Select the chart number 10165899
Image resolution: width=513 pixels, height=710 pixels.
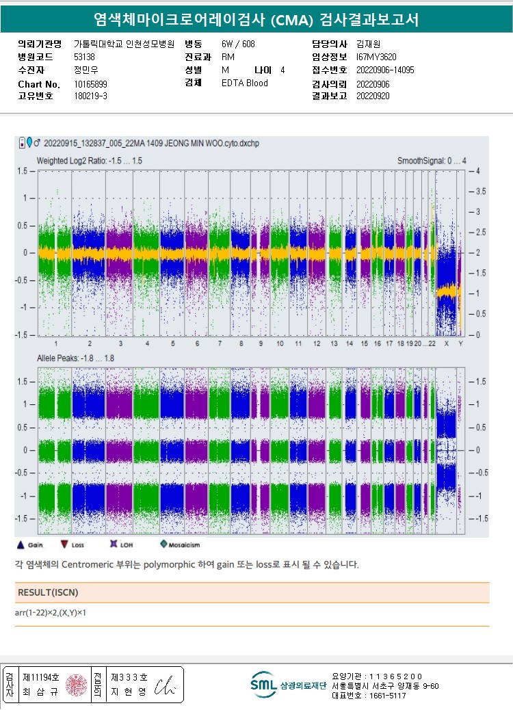(90, 84)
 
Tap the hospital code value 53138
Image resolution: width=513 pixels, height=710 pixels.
(84, 57)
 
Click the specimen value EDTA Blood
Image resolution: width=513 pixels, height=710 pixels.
(245, 83)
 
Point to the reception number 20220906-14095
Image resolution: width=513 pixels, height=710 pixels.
(385, 70)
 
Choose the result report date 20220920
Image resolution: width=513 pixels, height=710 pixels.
(373, 96)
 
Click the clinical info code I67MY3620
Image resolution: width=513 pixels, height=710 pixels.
(376, 57)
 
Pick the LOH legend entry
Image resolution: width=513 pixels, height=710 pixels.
(120, 544)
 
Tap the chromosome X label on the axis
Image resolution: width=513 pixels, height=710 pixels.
(447, 343)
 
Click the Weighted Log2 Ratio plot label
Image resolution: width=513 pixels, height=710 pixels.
(90, 160)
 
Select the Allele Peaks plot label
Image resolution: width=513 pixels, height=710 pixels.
(75, 358)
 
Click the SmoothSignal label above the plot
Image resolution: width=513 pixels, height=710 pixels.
(432, 160)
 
